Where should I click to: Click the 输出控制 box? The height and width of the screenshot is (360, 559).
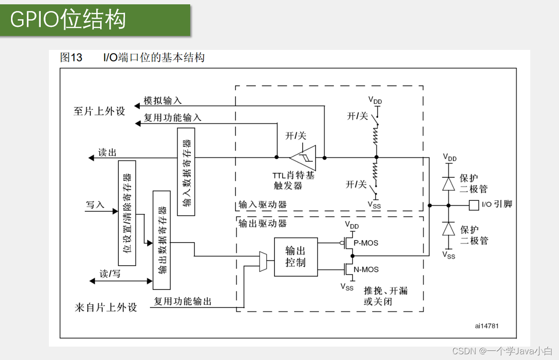[296, 256]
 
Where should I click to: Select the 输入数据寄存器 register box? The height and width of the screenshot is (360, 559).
[186, 172]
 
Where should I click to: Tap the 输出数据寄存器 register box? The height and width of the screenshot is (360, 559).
[161, 240]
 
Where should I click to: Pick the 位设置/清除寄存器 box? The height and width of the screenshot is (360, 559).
[127, 213]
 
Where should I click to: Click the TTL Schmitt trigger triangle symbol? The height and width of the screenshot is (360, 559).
[303, 157]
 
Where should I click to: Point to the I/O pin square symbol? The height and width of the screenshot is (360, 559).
[474, 205]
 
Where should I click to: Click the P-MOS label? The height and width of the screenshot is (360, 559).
[366, 243]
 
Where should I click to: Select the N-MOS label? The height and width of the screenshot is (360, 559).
[366, 269]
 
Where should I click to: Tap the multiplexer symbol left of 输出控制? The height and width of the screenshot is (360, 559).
[263, 262]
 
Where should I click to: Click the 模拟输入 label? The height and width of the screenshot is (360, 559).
[163, 101]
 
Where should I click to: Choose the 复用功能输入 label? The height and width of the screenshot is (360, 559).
[172, 117]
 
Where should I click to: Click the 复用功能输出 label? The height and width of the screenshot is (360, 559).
[183, 302]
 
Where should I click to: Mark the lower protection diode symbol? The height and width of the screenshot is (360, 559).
[448, 229]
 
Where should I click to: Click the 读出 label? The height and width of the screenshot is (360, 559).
[107, 152]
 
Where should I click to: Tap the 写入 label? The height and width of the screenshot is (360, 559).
[95, 205]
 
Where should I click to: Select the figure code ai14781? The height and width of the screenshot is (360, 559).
[487, 326]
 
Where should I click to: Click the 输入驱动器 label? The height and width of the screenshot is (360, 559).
[262, 205]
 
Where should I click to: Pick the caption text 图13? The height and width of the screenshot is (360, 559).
[71, 58]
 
